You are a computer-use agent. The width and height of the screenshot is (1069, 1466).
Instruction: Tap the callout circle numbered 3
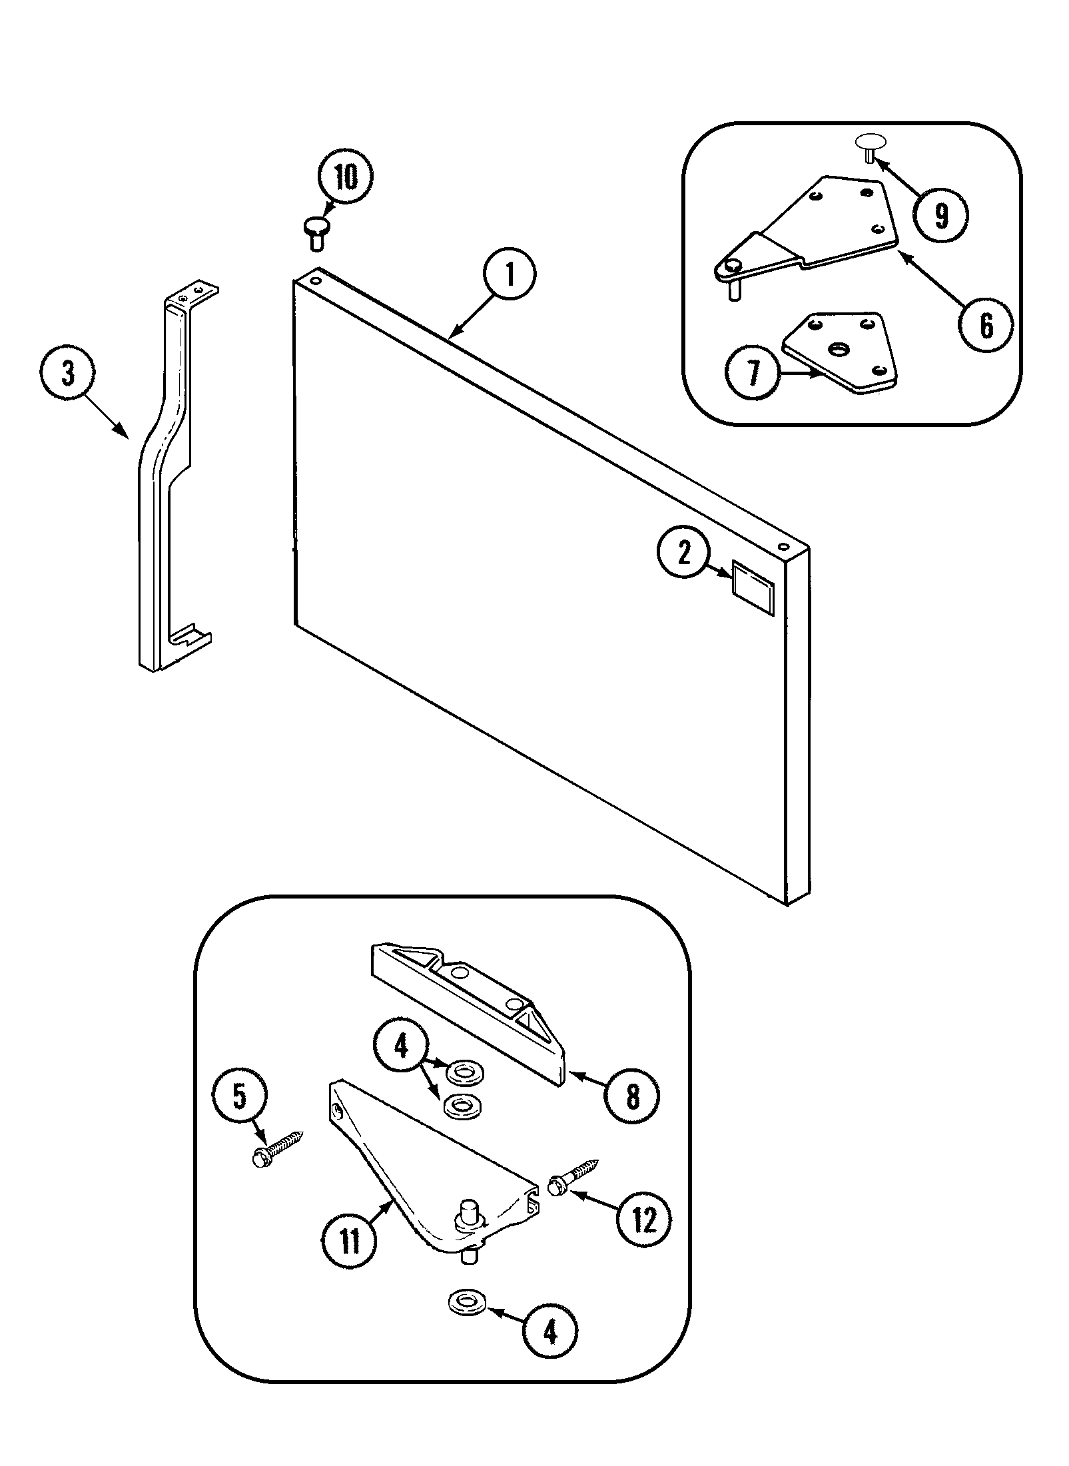[67, 376]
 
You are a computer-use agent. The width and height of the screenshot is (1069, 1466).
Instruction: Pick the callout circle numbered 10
[344, 178]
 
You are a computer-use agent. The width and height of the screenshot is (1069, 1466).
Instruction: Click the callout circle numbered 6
[985, 325]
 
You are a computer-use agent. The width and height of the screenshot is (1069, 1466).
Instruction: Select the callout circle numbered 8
[631, 1094]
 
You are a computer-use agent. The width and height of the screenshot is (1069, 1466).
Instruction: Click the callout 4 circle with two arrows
[400, 1048]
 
